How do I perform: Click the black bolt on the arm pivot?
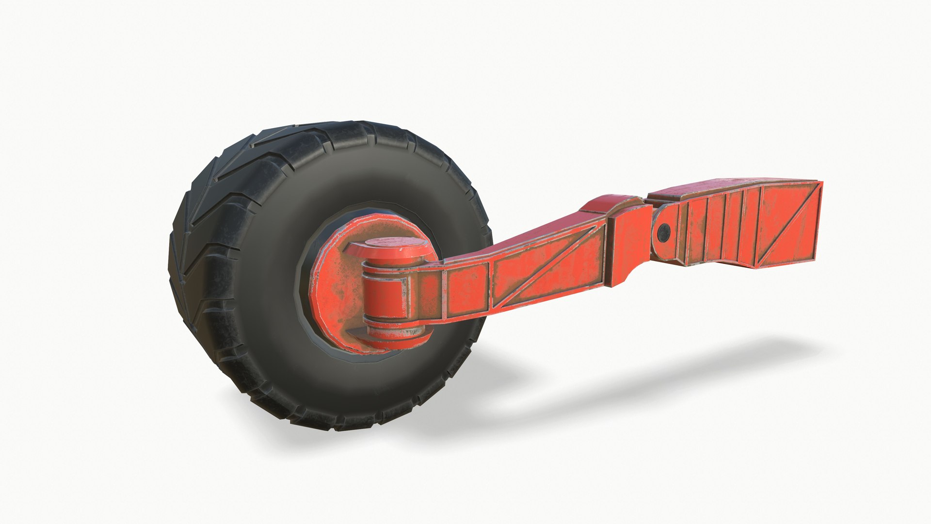pyautogui.click(x=663, y=233)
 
